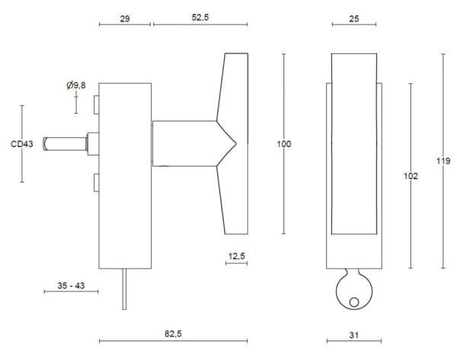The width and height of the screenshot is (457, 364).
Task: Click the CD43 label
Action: pos(21,143)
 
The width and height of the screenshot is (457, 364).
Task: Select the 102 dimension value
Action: pos(411,176)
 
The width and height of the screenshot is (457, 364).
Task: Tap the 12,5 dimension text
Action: pos(236,256)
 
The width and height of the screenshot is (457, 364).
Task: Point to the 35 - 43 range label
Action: pos(70,285)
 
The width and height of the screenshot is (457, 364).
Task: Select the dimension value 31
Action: pos(353,334)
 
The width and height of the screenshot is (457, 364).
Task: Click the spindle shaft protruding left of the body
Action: pos(66,143)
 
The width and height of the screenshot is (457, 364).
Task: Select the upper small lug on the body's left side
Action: pos(95,103)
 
